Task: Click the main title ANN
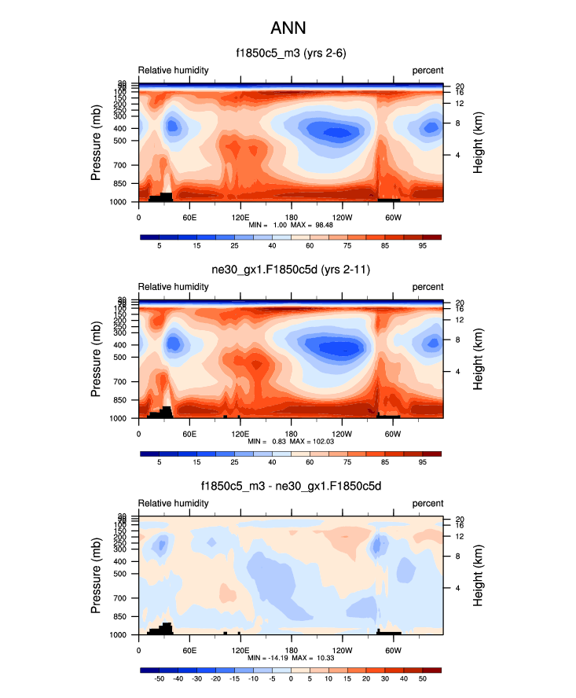click(288, 28)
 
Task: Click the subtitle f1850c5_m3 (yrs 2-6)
click(291, 53)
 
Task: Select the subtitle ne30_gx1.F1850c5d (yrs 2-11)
click(291, 270)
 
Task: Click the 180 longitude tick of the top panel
click(291, 217)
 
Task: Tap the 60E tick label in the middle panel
click(189, 433)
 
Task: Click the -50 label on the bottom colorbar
click(159, 678)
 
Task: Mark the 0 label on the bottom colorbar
click(291, 678)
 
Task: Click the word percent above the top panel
click(427, 70)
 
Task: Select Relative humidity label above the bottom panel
click(174, 503)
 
